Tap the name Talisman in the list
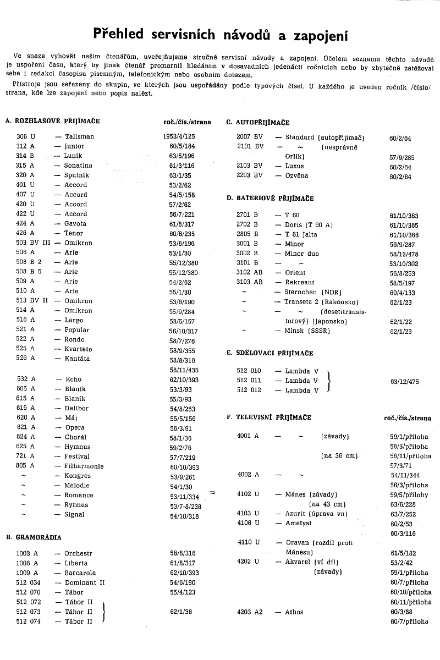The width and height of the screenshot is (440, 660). [79, 136]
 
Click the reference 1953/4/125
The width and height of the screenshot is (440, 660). [188, 136]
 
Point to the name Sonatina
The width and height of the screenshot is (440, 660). [78, 166]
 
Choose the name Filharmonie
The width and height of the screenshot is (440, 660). [84, 466]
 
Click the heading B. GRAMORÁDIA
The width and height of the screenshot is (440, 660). [34, 537]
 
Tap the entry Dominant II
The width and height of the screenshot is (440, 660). [85, 582]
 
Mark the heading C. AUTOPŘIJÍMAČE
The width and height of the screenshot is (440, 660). [258, 123]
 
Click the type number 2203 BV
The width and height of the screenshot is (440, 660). [250, 175]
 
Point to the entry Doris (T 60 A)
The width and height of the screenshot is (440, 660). [309, 225]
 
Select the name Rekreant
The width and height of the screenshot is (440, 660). [300, 282]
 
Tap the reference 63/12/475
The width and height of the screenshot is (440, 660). [404, 380]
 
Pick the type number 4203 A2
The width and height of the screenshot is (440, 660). [250, 612]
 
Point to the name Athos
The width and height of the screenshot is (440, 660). [294, 612]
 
